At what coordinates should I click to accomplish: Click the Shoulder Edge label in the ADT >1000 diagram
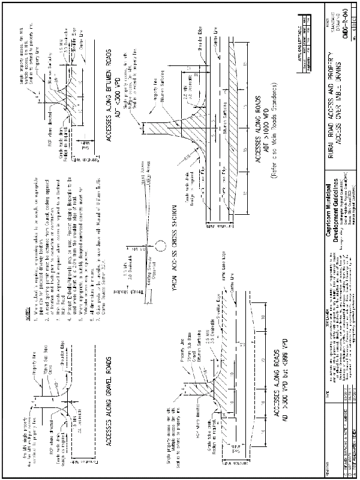coord(200,36)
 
